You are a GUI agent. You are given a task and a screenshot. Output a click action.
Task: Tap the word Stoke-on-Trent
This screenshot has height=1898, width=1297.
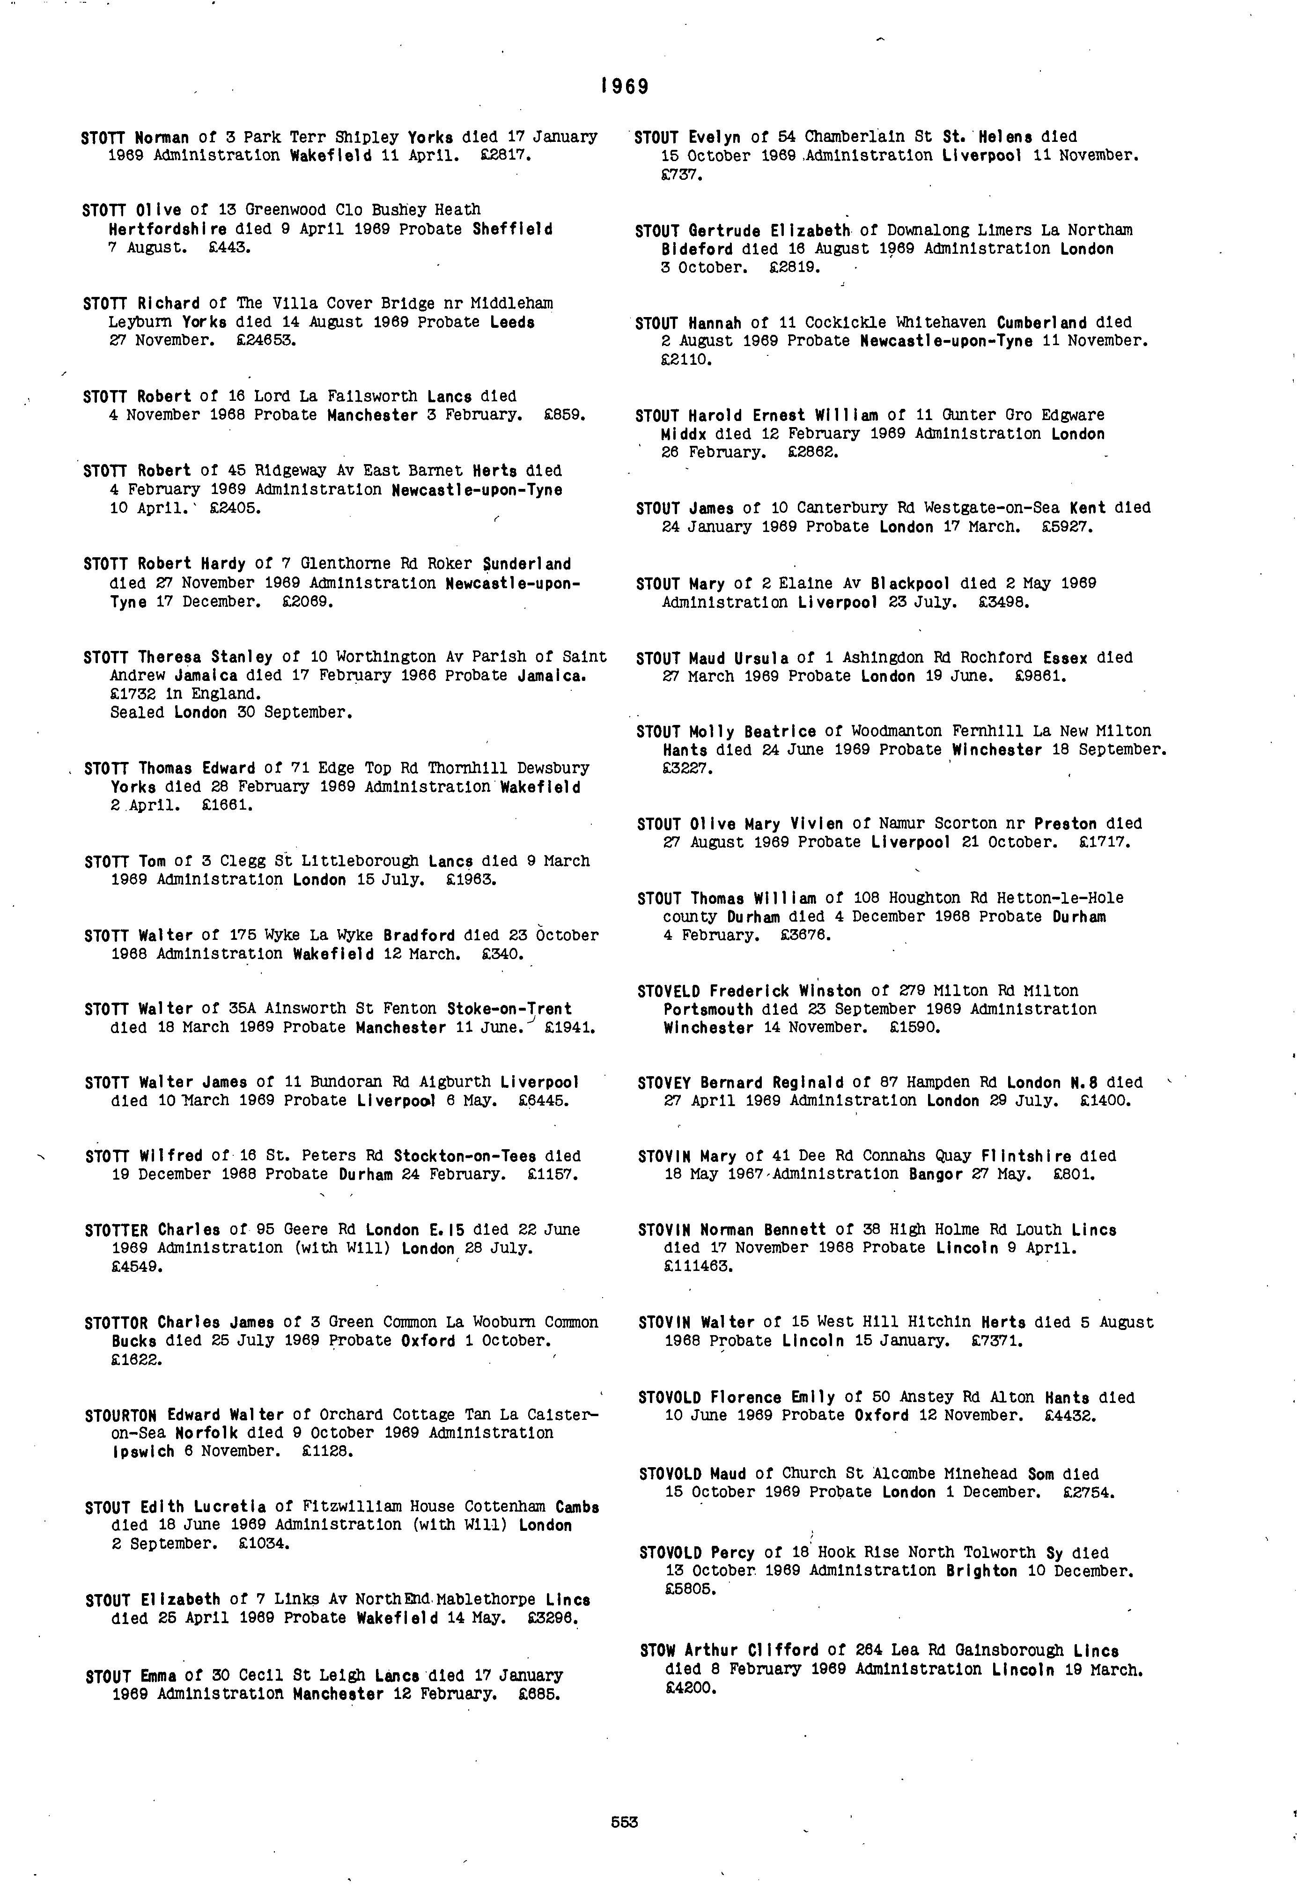point(509,1010)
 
